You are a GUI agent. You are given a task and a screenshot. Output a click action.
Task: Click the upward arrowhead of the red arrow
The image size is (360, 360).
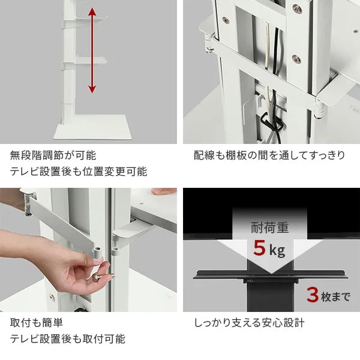point(91,13)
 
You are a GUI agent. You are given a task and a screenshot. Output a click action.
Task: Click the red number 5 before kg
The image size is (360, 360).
point(259,247)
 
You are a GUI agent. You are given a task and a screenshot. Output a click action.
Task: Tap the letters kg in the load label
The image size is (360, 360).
point(277,250)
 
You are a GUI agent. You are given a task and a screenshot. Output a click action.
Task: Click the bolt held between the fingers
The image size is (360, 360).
point(96,277)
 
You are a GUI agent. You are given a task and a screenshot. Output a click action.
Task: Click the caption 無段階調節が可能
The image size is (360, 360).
point(53,155)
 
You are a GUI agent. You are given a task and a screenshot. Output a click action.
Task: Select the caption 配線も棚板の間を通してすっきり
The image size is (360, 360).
point(269,155)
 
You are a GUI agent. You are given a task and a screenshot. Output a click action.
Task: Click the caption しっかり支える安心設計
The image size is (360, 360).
point(249,322)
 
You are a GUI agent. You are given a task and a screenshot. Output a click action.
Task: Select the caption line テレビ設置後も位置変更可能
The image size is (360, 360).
point(78,172)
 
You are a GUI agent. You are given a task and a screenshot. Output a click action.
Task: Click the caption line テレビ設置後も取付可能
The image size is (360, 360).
point(67,339)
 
